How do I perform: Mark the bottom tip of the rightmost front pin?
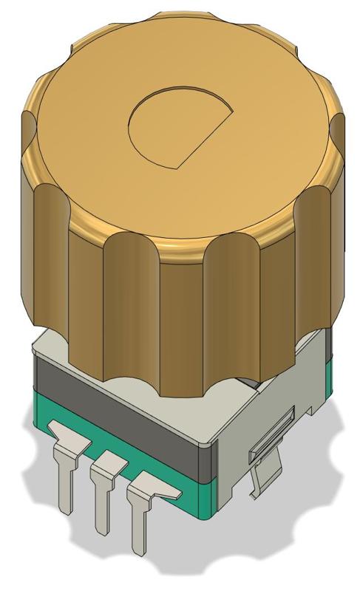tap(137, 550)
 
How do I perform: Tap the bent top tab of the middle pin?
tap(108, 463)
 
